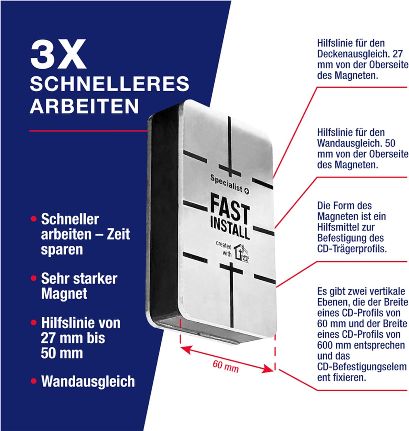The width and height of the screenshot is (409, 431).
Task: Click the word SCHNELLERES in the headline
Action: tap(110, 84)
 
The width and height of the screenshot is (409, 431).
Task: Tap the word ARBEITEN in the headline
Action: tap(84, 106)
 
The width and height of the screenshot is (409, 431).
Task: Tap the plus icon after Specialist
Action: tap(247, 191)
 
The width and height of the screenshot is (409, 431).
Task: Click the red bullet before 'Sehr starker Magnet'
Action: tap(34, 278)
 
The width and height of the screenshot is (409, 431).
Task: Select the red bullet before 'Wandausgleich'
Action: tap(34, 381)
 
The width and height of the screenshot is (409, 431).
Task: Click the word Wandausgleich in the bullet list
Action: tap(88, 382)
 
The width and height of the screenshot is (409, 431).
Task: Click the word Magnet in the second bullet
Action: tap(64, 294)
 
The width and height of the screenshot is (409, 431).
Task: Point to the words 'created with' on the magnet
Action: tap(223, 249)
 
